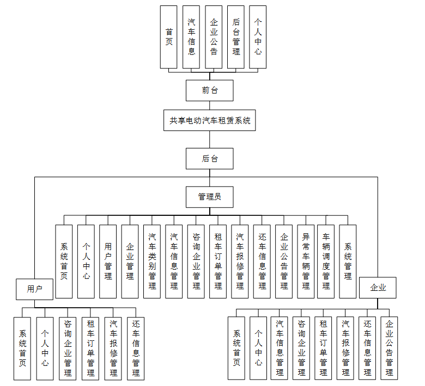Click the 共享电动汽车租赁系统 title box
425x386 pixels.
210,120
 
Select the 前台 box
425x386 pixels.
210,90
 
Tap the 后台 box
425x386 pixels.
210,159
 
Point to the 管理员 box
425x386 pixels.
210,197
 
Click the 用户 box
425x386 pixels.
34,289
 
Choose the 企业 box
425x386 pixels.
378,288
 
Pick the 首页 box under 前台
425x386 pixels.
169,37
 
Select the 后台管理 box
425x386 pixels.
236,37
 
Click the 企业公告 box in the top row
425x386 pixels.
214,37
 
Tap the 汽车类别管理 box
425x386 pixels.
152,262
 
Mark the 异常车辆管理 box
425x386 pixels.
306,262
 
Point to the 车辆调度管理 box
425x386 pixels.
326,262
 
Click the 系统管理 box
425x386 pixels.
348,262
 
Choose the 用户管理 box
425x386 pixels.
108,262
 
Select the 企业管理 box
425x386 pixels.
130,262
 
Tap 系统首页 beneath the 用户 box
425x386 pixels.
22,348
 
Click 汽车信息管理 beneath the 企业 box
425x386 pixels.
280,348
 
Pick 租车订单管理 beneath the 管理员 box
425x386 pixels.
218,262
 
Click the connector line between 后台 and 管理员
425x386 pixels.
210,178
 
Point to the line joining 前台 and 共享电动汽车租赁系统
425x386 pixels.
210,105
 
